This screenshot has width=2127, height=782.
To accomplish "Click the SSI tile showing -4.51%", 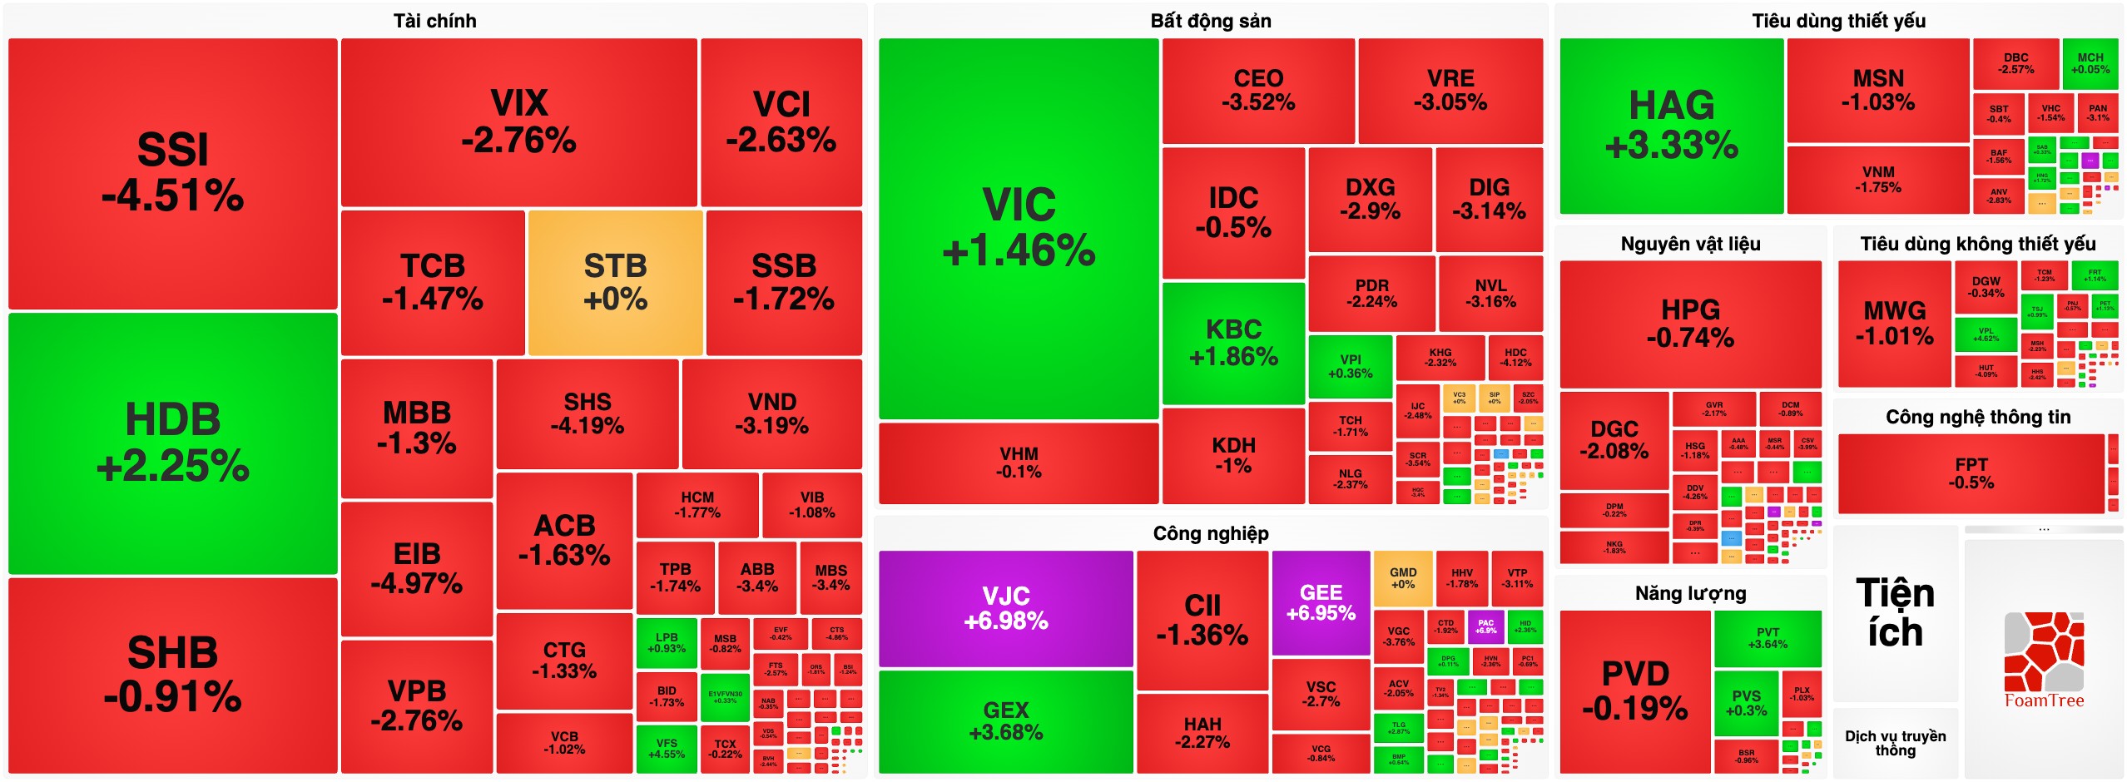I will coord(173,173).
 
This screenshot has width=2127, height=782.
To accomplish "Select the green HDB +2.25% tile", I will coord(173,443).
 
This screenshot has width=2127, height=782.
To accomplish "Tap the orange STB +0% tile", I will coord(616,283).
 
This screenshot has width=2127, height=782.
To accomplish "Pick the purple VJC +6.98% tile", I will coord(1006,608).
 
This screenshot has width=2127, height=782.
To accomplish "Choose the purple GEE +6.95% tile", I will coord(1321,603).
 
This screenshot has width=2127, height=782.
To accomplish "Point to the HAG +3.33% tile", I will coord(1671,126).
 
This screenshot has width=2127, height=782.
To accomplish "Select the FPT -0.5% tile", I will coord(1971,473).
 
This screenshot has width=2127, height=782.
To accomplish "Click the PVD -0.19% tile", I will coord(1635,691).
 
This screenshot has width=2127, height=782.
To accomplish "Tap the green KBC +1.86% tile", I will coord(1233,343).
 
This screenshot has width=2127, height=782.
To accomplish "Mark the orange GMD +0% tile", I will coord(1403,578).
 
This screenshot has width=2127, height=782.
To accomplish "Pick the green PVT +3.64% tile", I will coord(1768,638).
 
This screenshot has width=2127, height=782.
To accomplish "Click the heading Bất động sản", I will coord(1211,21).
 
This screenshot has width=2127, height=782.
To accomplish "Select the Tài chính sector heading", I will coord(435,21).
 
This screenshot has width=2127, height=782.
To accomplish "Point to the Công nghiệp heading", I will coord(1211,533).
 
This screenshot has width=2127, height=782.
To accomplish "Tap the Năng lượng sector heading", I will coord(1690,593).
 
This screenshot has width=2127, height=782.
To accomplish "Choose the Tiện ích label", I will coord(1895,613).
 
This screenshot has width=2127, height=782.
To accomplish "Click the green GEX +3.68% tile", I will coord(1006,721).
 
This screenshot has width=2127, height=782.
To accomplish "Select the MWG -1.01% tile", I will coord(1895,324).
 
